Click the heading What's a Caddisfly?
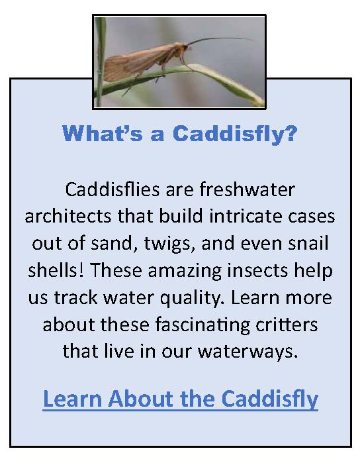click(x=179, y=133)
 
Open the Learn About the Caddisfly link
click(x=181, y=399)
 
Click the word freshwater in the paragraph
click(x=247, y=189)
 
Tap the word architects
click(x=68, y=216)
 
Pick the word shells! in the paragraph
click(x=56, y=270)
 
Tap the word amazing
click(x=185, y=271)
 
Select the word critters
click(x=287, y=325)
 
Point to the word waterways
click(x=247, y=352)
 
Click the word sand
click(x=114, y=244)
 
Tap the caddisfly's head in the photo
click(x=183, y=48)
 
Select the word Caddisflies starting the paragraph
click(x=112, y=189)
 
